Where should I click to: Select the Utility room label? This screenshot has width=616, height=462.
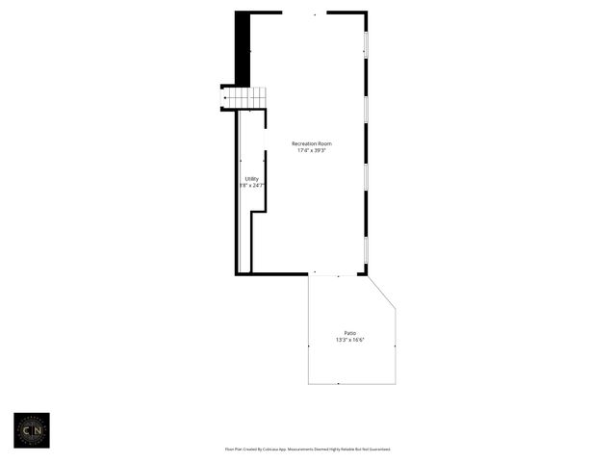tap(251, 178)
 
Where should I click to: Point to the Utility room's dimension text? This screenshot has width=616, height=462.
tap(252, 185)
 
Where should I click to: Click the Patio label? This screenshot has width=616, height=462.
tap(350, 333)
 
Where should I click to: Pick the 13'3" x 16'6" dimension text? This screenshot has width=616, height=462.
tap(350, 340)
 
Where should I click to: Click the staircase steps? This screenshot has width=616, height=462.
tap(245, 98)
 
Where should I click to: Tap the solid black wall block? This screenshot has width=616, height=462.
tap(243, 48)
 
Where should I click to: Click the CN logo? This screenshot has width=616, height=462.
tap(31, 430)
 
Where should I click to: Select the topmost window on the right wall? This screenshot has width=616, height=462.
tap(366, 43)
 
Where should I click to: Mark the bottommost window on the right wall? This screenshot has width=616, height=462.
tap(366, 251)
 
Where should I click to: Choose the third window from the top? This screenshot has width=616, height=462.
tap(366, 178)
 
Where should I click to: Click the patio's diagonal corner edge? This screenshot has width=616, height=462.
tap(382, 293)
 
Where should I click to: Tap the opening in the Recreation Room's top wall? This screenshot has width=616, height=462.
tap(304, 13)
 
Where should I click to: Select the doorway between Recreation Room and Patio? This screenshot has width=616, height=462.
tap(336, 275)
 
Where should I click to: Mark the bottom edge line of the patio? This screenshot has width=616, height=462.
tap(352, 384)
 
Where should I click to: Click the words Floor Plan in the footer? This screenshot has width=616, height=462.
tap(234, 449)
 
